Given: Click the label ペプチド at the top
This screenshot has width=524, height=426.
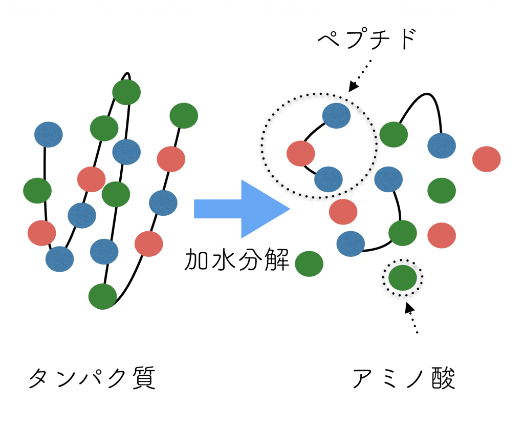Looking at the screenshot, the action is point(366,39).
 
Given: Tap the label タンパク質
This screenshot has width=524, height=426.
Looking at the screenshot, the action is point(92,378).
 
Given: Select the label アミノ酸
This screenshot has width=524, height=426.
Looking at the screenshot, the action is point(404,378).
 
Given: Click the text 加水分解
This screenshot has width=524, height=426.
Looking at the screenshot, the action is point(236,259).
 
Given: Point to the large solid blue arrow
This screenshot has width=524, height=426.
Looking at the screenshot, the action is point(242,209).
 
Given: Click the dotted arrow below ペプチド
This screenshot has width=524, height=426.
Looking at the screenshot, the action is point(360,76).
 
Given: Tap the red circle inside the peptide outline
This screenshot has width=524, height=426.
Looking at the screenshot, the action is point(301,153).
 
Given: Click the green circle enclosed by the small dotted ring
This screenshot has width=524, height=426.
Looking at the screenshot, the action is point(403,278).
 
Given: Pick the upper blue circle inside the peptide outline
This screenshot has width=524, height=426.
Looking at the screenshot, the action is point(337,115).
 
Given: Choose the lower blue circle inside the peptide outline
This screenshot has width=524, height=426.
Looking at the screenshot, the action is point(329,179).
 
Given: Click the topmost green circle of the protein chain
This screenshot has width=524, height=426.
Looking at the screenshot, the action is point(126,92).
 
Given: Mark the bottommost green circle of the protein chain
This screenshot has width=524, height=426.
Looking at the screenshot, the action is point(102,296).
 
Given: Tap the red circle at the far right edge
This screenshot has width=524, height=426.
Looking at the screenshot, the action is point(487,159).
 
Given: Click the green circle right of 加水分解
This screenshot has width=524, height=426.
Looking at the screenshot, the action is point(309,264).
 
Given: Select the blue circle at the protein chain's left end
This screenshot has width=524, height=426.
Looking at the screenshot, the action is point(49,134).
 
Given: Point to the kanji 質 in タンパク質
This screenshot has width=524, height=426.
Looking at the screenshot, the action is point(144,378).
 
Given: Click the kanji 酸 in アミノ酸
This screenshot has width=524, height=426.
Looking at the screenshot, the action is point(444,378).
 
